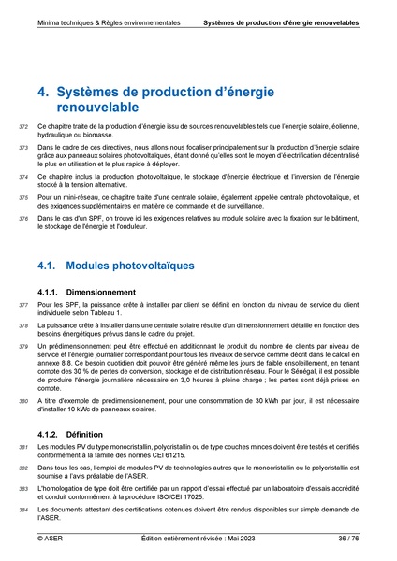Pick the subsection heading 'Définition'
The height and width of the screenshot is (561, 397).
tap(85, 435)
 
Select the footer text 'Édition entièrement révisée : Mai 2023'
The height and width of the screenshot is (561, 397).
tap(198, 539)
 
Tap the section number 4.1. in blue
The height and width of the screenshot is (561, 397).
tap(48, 266)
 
